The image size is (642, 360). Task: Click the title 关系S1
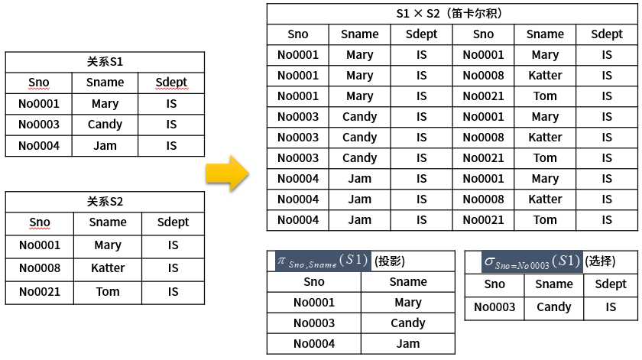(x=105, y=62)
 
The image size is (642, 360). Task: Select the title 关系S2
(x=105, y=202)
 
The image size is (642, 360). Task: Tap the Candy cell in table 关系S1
(x=105, y=125)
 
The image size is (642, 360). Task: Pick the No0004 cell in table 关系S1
(x=39, y=145)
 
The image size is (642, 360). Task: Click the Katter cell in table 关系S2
(x=108, y=268)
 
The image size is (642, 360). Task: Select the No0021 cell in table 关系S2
(x=40, y=291)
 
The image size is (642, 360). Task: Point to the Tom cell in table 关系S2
(x=108, y=291)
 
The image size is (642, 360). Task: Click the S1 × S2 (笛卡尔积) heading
(x=452, y=14)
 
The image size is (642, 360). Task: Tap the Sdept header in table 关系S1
(x=171, y=83)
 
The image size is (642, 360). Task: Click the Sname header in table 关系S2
(x=108, y=222)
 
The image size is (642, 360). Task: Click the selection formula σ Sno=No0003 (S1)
(x=523, y=261)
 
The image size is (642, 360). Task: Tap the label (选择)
(x=600, y=261)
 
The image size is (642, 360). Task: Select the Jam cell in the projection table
(x=408, y=343)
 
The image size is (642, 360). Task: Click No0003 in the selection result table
(x=494, y=307)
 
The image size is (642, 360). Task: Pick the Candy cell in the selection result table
(x=554, y=307)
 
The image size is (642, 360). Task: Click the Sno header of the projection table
(x=314, y=281)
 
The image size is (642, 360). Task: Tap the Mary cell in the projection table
(x=408, y=302)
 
